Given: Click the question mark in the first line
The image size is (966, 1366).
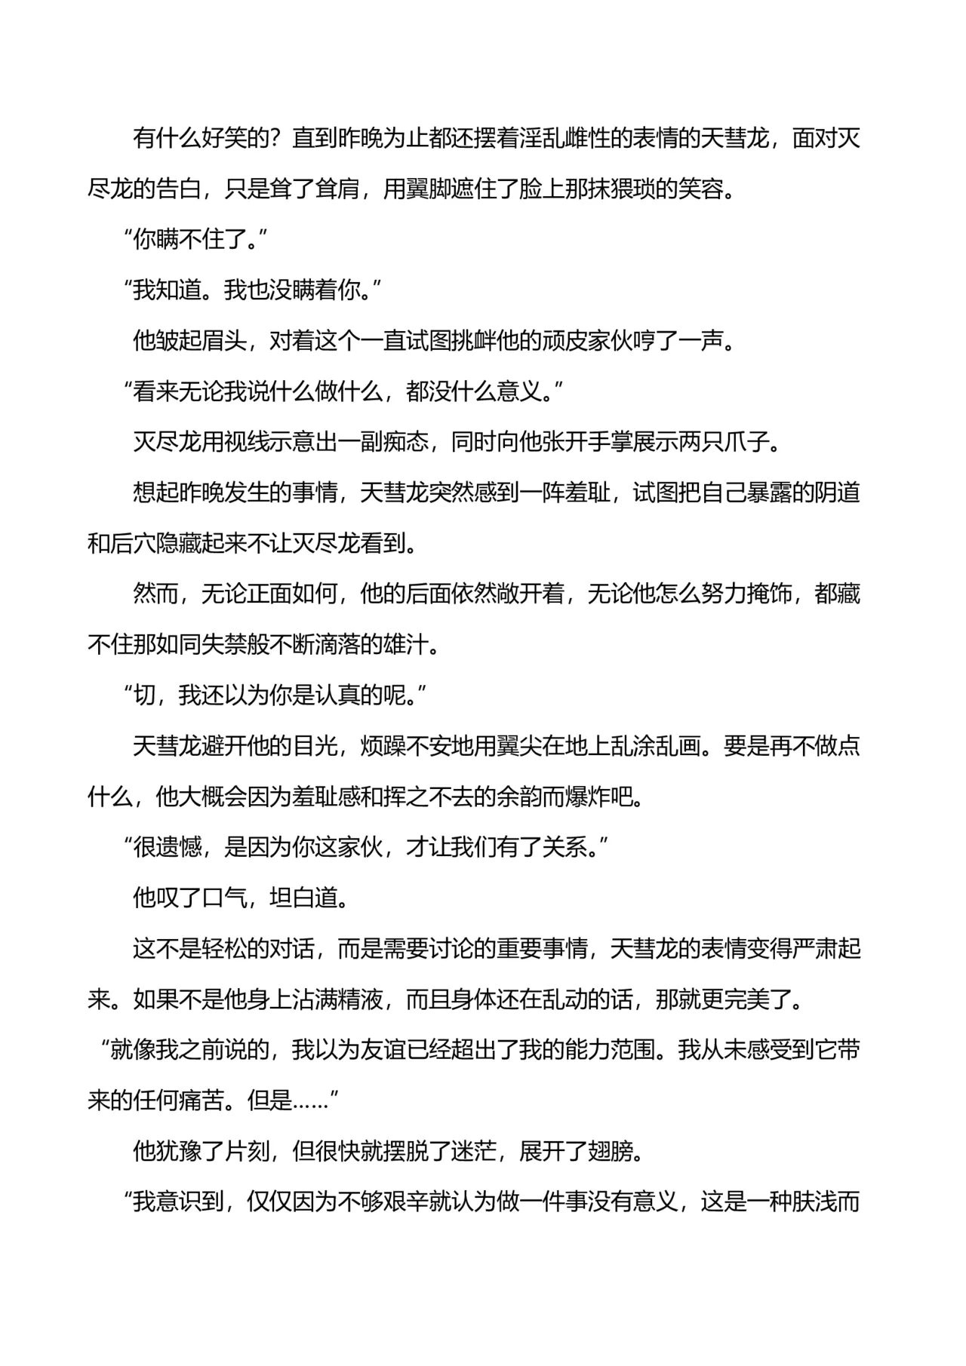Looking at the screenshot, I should click(x=276, y=140).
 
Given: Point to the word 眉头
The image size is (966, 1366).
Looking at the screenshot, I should click(x=224, y=342).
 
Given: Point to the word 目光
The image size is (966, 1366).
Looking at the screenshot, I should click(x=315, y=746).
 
